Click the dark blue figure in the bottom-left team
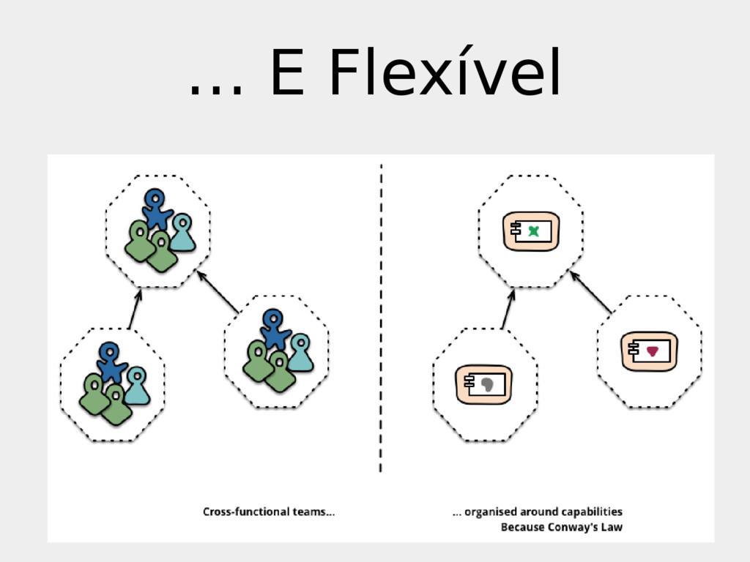111,361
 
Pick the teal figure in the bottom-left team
137,386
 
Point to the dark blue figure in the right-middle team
274,329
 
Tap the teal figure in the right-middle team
300,353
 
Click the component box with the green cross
531,231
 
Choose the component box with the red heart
649,352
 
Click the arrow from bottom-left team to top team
134,310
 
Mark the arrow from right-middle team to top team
218,293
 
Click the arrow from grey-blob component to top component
508,309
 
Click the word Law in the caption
612,527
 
